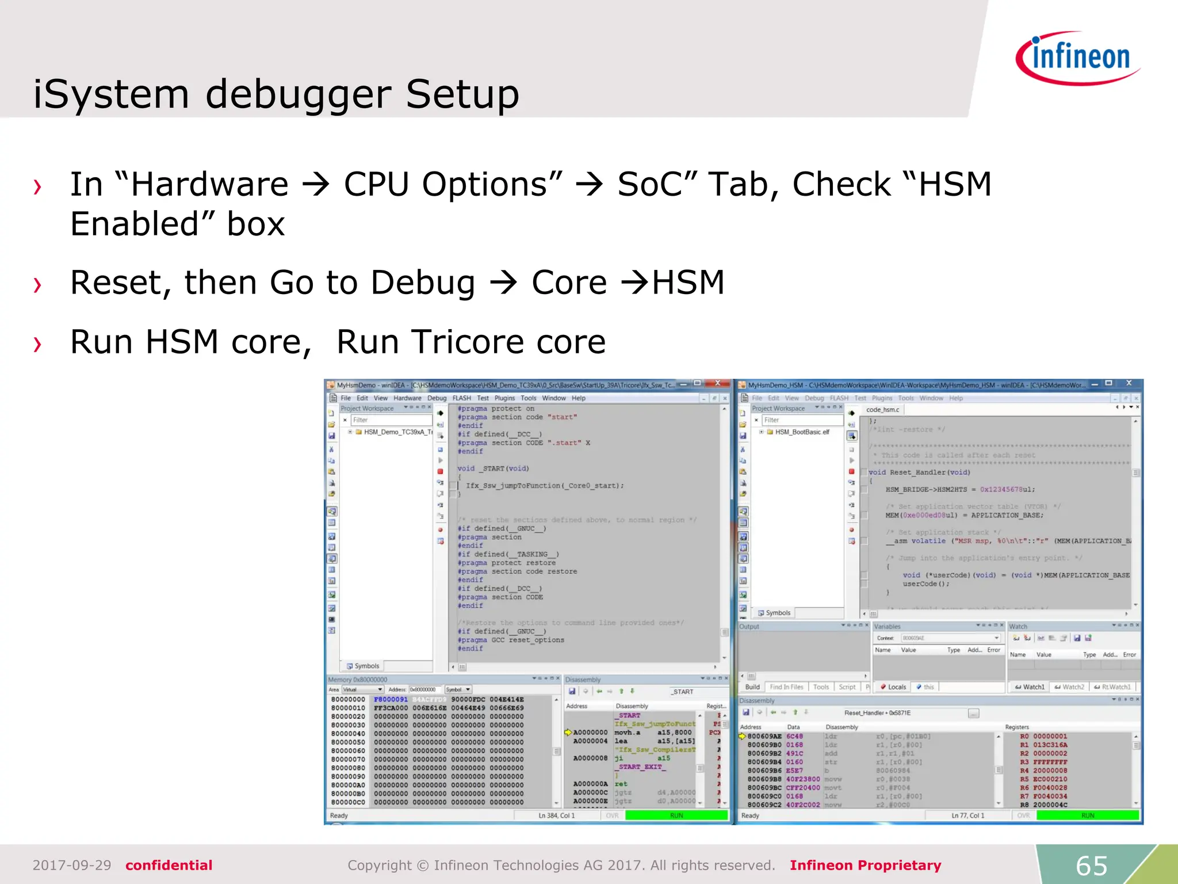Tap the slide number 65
pos(1091,866)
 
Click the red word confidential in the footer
pos(169,865)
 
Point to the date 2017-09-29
pos(72,865)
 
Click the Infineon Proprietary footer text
pos(865,865)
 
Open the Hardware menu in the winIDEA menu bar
pos(407,398)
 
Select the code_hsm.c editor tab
pos(882,409)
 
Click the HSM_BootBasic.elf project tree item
pos(802,432)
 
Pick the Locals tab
pos(894,687)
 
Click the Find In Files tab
pos(786,687)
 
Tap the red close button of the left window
pos(717,383)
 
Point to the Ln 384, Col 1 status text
pos(556,815)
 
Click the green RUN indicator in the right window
pos(1087,815)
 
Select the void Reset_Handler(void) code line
pos(919,472)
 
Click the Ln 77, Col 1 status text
pos(967,815)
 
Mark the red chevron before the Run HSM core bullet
pos(38,344)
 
